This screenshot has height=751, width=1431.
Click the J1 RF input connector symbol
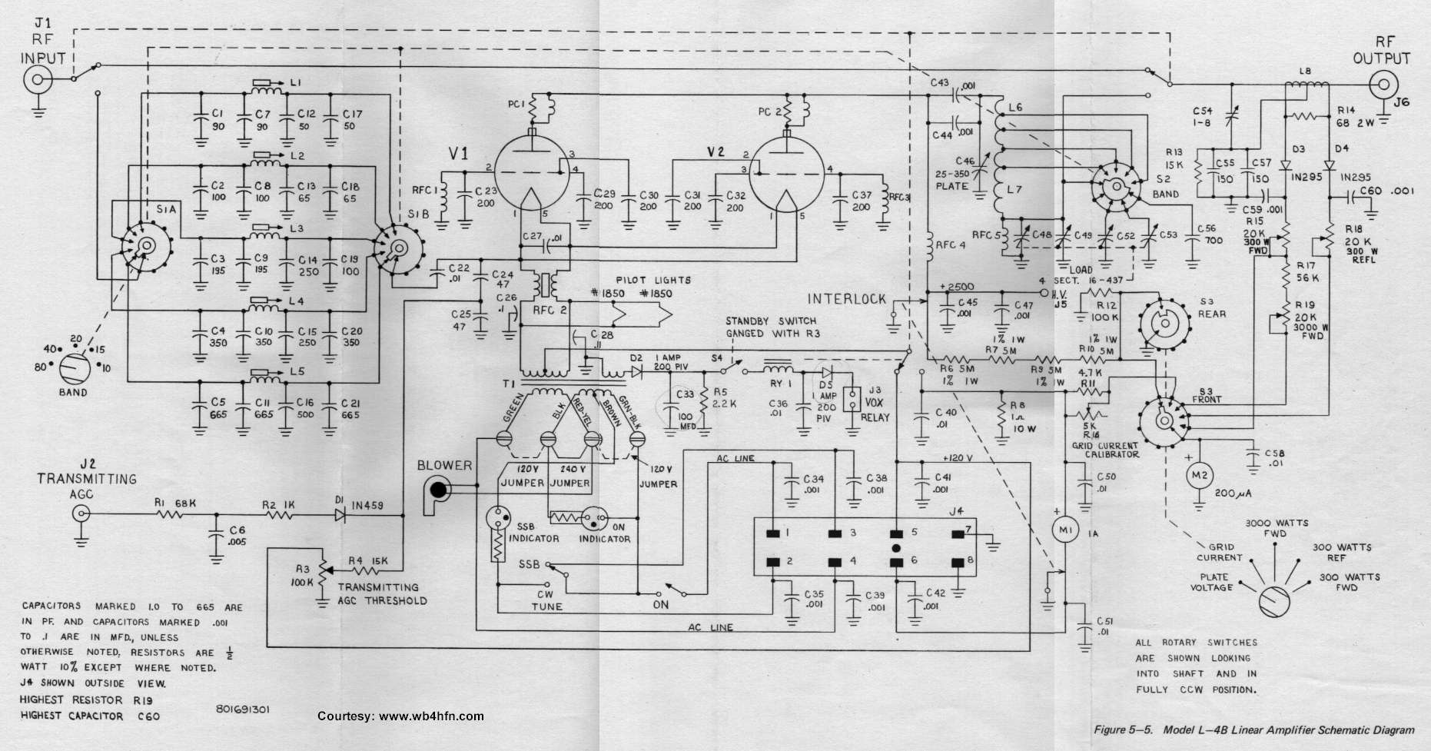click(36, 79)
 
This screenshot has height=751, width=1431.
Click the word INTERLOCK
click(846, 299)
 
